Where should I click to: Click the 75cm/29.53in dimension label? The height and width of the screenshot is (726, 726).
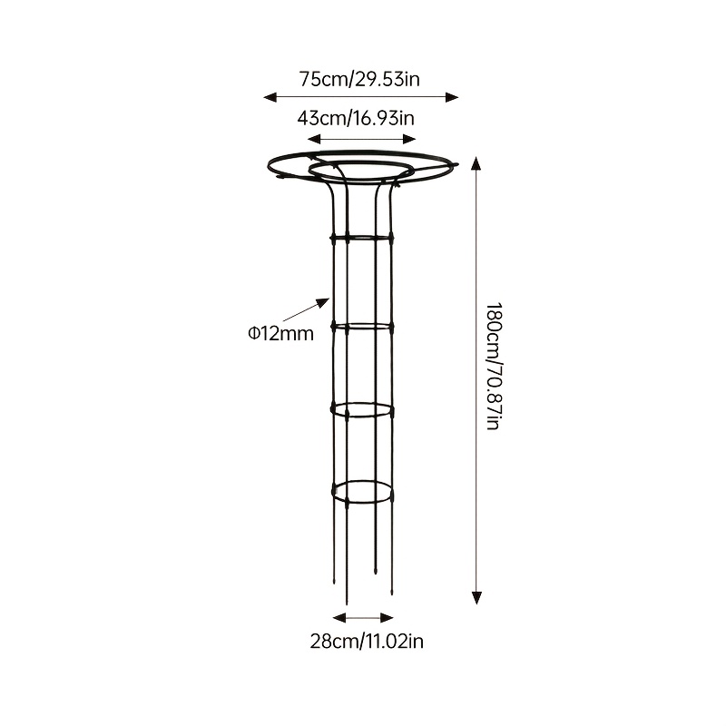(x=359, y=79)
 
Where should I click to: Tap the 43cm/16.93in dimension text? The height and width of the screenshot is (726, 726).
(x=356, y=119)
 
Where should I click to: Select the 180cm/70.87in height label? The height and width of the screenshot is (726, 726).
(x=494, y=367)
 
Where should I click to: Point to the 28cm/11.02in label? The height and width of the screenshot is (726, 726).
(x=367, y=642)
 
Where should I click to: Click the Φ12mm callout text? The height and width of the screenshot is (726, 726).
(x=280, y=333)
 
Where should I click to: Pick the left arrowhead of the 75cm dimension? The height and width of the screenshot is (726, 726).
(x=270, y=97)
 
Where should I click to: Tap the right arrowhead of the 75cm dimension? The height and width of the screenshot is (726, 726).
(x=451, y=97)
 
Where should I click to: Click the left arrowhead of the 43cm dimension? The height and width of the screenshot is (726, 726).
(x=314, y=139)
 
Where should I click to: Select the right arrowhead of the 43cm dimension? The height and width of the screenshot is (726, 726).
(x=409, y=139)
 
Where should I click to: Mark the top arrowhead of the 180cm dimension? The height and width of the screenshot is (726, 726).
(x=476, y=163)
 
